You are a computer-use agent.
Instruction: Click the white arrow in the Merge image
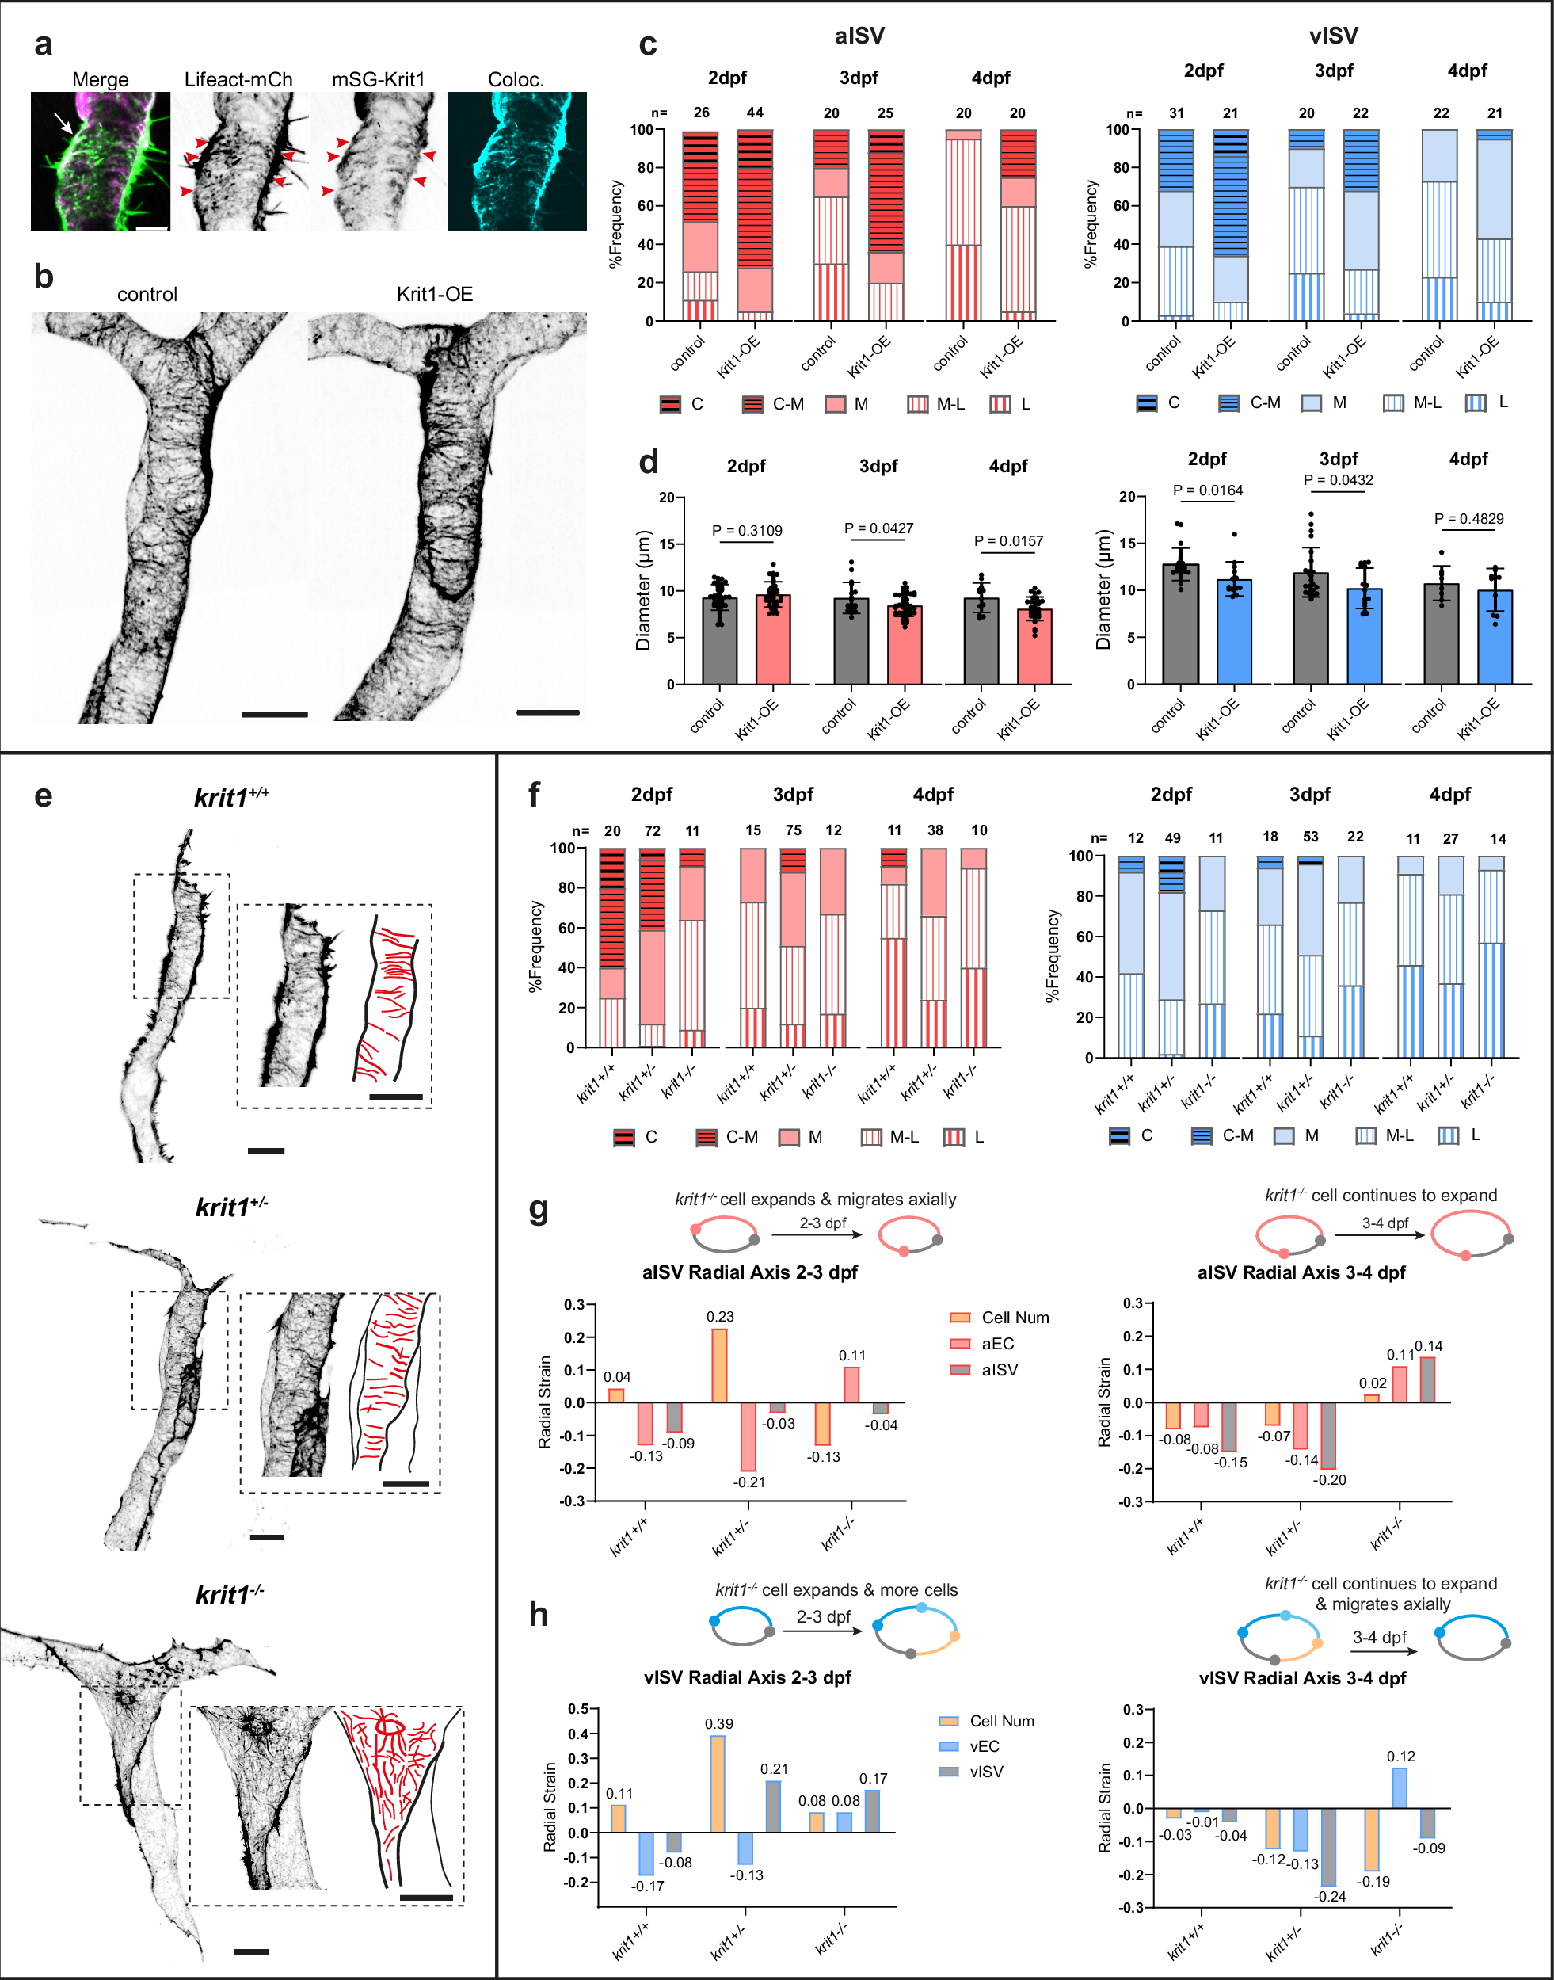[63, 123]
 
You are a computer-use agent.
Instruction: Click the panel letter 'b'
[43, 277]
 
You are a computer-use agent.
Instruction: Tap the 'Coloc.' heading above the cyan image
[516, 80]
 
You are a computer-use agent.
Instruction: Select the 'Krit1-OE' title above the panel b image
[434, 294]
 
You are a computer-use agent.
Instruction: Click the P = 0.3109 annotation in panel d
[746, 531]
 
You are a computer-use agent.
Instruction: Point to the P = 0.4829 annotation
[1468, 519]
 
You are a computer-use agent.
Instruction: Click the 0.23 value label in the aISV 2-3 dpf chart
[720, 1317]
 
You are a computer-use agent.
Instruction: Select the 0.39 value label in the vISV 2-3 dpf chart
[718, 1723]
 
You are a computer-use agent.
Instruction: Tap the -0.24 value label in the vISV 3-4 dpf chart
[1329, 1896]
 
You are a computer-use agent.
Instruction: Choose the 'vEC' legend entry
[984, 1746]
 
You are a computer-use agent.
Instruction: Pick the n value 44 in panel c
[754, 113]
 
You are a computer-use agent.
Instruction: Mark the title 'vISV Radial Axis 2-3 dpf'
[747, 1677]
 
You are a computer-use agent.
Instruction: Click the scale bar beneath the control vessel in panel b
[274, 715]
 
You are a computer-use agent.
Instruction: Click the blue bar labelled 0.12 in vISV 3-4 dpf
[1400, 1787]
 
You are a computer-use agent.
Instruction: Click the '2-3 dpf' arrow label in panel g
[822, 1223]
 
